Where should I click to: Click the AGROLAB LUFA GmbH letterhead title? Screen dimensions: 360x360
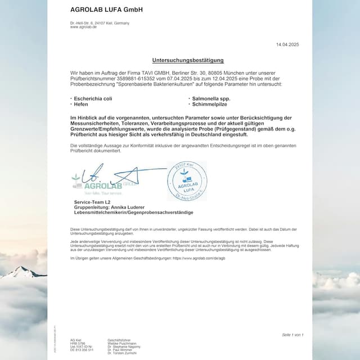pos(106,10)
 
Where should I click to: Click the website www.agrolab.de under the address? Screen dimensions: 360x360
pos(83,27)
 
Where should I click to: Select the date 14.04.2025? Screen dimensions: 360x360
pos(287,44)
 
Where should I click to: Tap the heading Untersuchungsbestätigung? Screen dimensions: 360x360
pos(188,60)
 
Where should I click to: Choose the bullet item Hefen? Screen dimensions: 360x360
pos(81,104)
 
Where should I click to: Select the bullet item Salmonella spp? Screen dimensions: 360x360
pos(210,98)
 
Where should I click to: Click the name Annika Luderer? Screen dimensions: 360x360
pos(131,207)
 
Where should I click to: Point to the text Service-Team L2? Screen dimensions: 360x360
pos(92,201)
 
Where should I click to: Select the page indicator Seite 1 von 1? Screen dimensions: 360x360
pos(292,335)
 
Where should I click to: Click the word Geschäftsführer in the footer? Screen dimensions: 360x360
pos(119,340)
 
